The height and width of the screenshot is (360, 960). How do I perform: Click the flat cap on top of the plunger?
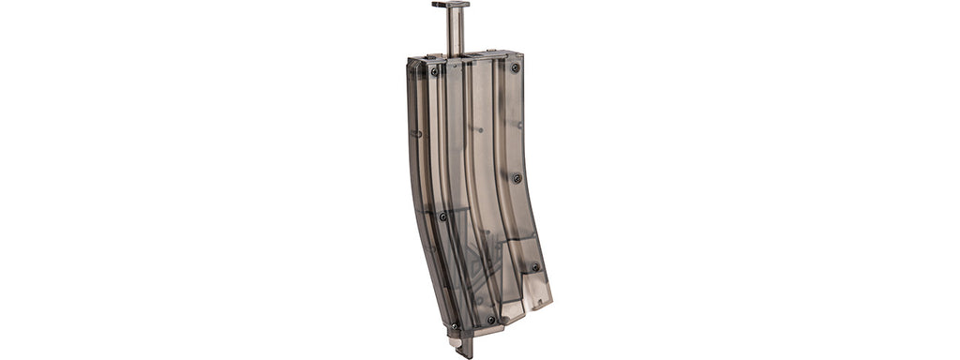click(x=451, y=5)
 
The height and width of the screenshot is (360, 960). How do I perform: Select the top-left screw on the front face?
click(x=434, y=70)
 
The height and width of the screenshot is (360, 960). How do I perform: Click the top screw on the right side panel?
click(x=515, y=67)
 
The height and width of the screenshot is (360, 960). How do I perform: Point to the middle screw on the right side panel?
click(x=517, y=178)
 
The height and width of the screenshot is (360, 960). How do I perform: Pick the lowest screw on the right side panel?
click(x=535, y=267)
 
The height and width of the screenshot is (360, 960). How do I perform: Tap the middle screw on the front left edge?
click(x=442, y=217)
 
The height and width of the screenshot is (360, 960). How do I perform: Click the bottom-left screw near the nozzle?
click(x=456, y=326)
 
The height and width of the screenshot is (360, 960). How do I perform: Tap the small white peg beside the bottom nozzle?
click(x=455, y=343)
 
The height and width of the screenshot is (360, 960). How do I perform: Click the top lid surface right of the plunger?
click(x=492, y=54)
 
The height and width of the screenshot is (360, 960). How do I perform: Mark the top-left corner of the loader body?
click(x=411, y=62)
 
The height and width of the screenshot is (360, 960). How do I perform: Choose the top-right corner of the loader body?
click(x=520, y=54)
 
